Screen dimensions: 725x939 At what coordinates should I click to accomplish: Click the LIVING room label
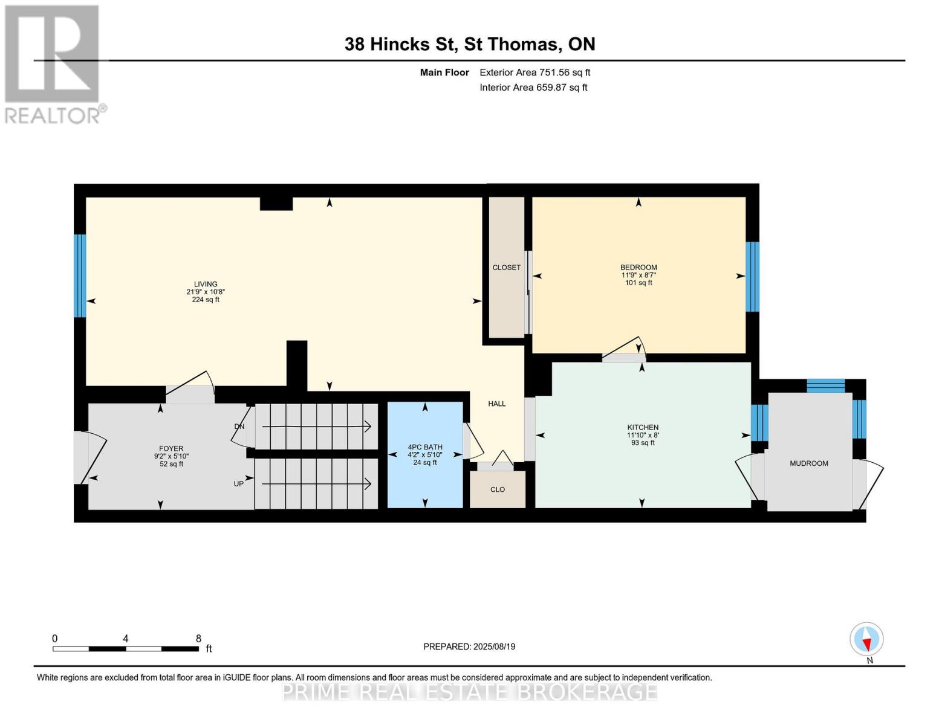pyautogui.click(x=206, y=284)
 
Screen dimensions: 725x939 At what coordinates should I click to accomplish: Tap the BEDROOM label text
pyautogui.click(x=638, y=268)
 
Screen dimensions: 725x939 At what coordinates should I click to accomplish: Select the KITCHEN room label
pyautogui.click(x=643, y=427)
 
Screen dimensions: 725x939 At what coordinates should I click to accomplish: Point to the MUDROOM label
pyautogui.click(x=808, y=463)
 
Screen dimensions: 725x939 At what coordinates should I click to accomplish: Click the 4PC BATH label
pyautogui.click(x=425, y=447)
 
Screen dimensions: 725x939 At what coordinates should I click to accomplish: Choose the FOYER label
pyautogui.click(x=172, y=449)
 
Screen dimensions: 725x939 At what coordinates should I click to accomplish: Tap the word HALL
pyautogui.click(x=497, y=404)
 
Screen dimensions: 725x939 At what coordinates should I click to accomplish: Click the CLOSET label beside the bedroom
pyautogui.click(x=506, y=268)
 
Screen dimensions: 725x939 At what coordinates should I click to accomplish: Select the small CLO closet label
pyautogui.click(x=498, y=489)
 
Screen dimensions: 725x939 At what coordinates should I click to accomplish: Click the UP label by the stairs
pyautogui.click(x=239, y=484)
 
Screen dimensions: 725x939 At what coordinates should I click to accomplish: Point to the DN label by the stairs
pyautogui.click(x=239, y=427)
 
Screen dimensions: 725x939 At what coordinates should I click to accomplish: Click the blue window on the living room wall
pyautogui.click(x=80, y=275)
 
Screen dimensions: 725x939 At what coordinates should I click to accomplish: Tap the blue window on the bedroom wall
pyautogui.click(x=752, y=277)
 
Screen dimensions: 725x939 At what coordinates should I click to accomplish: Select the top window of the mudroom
pyautogui.click(x=825, y=385)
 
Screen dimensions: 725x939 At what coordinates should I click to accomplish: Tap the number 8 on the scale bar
pyautogui.click(x=198, y=639)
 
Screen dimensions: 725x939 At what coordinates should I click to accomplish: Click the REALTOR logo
pyautogui.click(x=53, y=63)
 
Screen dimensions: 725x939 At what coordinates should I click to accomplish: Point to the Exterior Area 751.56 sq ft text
pyautogui.click(x=534, y=72)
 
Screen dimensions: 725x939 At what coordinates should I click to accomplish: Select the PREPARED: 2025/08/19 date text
pyautogui.click(x=469, y=646)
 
